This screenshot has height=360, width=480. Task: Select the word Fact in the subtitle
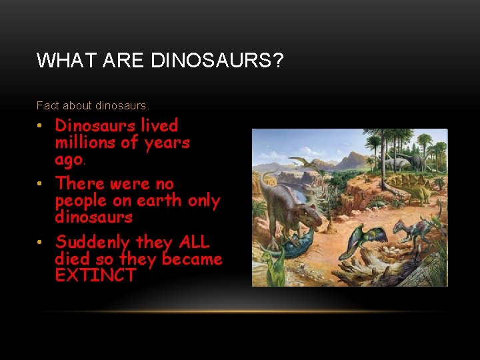coord(47,105)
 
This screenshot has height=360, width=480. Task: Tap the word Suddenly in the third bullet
coord(93,242)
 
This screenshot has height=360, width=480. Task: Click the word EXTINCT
coord(95,275)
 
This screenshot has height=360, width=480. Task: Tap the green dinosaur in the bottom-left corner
coord(271,263)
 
